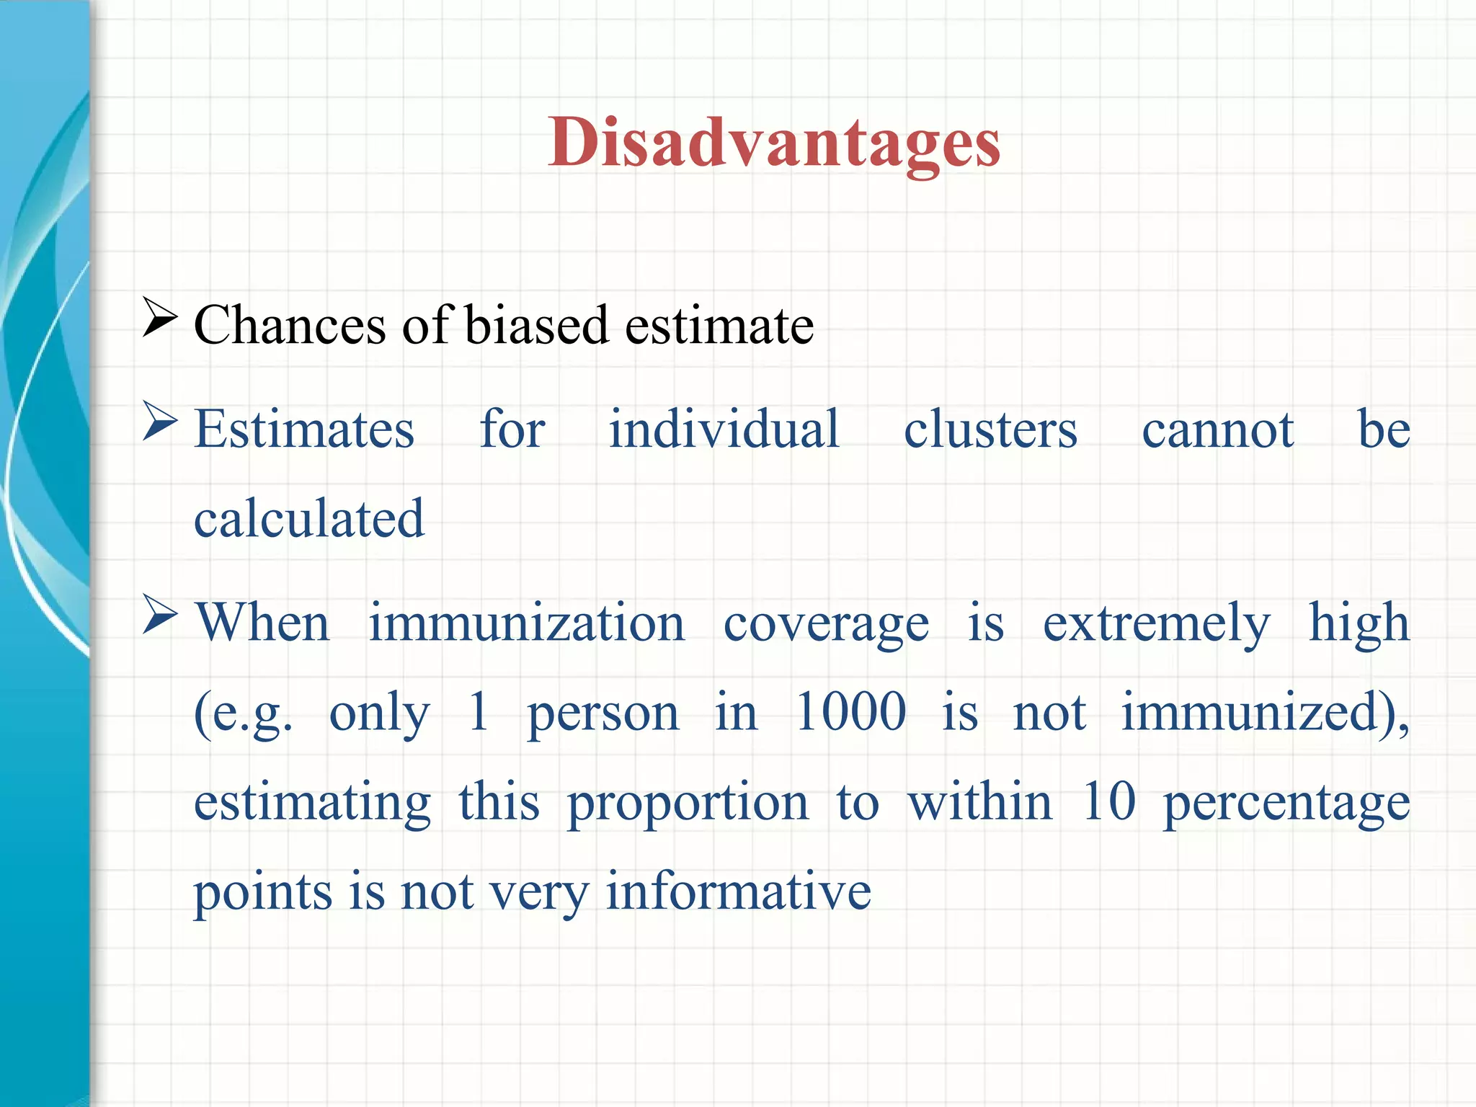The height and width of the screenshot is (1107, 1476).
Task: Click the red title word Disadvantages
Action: [x=774, y=144]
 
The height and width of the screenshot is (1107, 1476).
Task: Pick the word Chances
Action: [x=290, y=325]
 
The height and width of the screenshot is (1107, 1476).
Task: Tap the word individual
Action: [x=724, y=430]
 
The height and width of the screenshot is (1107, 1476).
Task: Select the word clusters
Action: [x=990, y=430]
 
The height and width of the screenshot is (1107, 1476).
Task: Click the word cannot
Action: [x=1218, y=431]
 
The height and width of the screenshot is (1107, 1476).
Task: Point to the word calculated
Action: [x=309, y=518]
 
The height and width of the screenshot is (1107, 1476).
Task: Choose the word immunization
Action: [x=527, y=623]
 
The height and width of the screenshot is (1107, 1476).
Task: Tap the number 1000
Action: [x=850, y=712]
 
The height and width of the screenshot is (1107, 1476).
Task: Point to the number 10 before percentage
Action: [x=1108, y=801]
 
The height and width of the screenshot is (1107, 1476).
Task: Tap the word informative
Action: [x=738, y=891]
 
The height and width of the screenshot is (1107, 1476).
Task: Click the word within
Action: [x=980, y=801]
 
